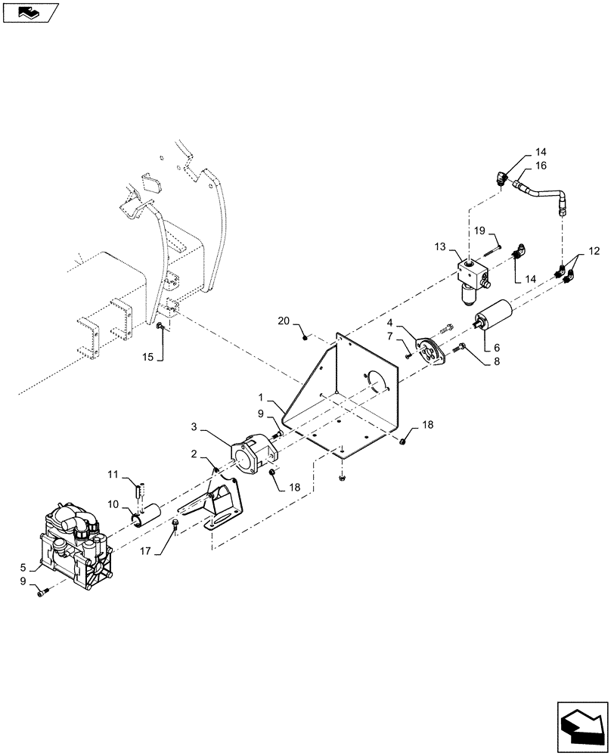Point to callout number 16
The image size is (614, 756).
541,165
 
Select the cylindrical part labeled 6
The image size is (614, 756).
492,313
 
